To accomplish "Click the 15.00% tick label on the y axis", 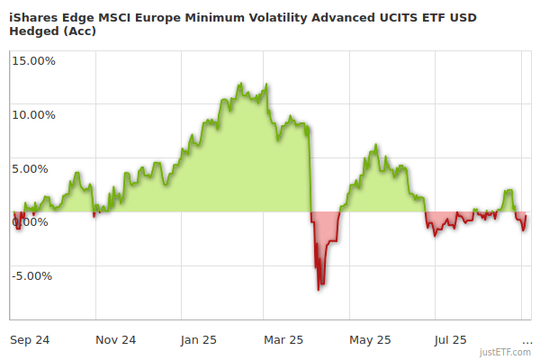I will click(33, 61).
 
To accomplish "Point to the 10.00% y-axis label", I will click(33, 115).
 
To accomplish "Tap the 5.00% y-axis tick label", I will click(36, 168).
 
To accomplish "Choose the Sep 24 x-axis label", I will click(30, 340).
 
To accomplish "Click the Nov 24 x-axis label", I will click(115, 340).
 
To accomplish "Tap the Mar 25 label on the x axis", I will click(283, 340).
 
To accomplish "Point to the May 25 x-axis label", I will click(370, 340).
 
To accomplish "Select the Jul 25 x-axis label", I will click(450, 340).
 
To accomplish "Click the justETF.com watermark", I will click(507, 352).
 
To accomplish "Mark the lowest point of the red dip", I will click(319, 289).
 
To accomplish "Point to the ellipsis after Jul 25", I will click(526, 340).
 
